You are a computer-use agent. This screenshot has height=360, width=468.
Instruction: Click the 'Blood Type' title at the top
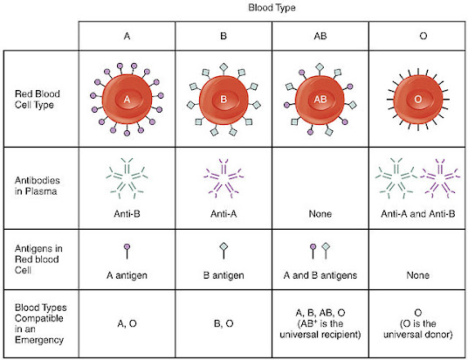272,8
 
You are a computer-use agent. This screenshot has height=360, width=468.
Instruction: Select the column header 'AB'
320,36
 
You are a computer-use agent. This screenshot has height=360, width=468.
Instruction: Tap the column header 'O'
423,36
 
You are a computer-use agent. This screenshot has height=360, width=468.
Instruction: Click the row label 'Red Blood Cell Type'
38,100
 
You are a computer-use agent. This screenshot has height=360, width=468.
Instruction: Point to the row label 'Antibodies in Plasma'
38,185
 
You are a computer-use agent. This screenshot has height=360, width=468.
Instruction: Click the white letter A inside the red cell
127,100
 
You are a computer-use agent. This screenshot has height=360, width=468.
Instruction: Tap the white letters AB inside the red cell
320,100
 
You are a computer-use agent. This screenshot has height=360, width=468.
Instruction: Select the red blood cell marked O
418,100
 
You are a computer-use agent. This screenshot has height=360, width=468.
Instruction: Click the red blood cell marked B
224,100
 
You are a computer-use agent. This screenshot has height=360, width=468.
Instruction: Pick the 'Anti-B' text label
127,214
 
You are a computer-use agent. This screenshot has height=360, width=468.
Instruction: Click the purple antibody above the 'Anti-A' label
224,178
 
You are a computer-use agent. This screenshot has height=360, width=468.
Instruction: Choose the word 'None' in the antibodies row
320,214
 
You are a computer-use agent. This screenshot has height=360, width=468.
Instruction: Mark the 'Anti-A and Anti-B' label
418,214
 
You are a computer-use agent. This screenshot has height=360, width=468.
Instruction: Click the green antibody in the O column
396,178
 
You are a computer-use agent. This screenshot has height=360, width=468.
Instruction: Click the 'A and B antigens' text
320,275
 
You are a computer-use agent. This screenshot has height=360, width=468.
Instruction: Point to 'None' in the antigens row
418,275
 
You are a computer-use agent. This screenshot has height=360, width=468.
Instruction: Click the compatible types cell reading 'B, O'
224,323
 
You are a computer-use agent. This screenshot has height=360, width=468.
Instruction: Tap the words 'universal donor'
418,335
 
